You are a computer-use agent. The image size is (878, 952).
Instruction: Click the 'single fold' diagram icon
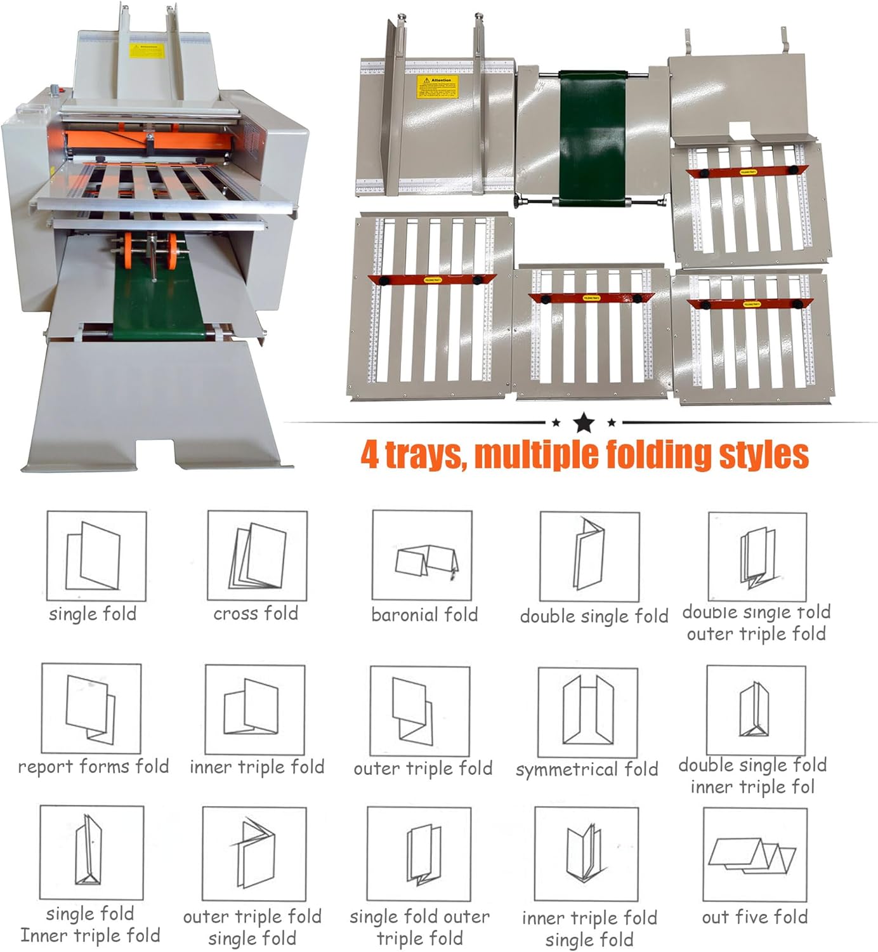tap(96, 556)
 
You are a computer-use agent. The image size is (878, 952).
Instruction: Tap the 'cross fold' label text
tap(256, 614)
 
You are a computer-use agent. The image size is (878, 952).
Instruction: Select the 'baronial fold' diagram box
tap(422, 555)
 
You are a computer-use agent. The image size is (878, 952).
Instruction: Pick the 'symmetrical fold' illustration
tap(587, 712)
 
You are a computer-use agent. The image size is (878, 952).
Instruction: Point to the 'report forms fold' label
tap(93, 767)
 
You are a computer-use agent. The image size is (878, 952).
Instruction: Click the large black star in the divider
tap(584, 422)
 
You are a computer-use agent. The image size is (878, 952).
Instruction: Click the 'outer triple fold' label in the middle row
tap(423, 769)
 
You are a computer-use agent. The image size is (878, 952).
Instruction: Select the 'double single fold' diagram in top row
tap(589, 556)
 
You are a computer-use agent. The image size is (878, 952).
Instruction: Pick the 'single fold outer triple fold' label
tap(419, 927)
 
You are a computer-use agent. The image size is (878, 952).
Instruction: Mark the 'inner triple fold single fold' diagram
tap(587, 854)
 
